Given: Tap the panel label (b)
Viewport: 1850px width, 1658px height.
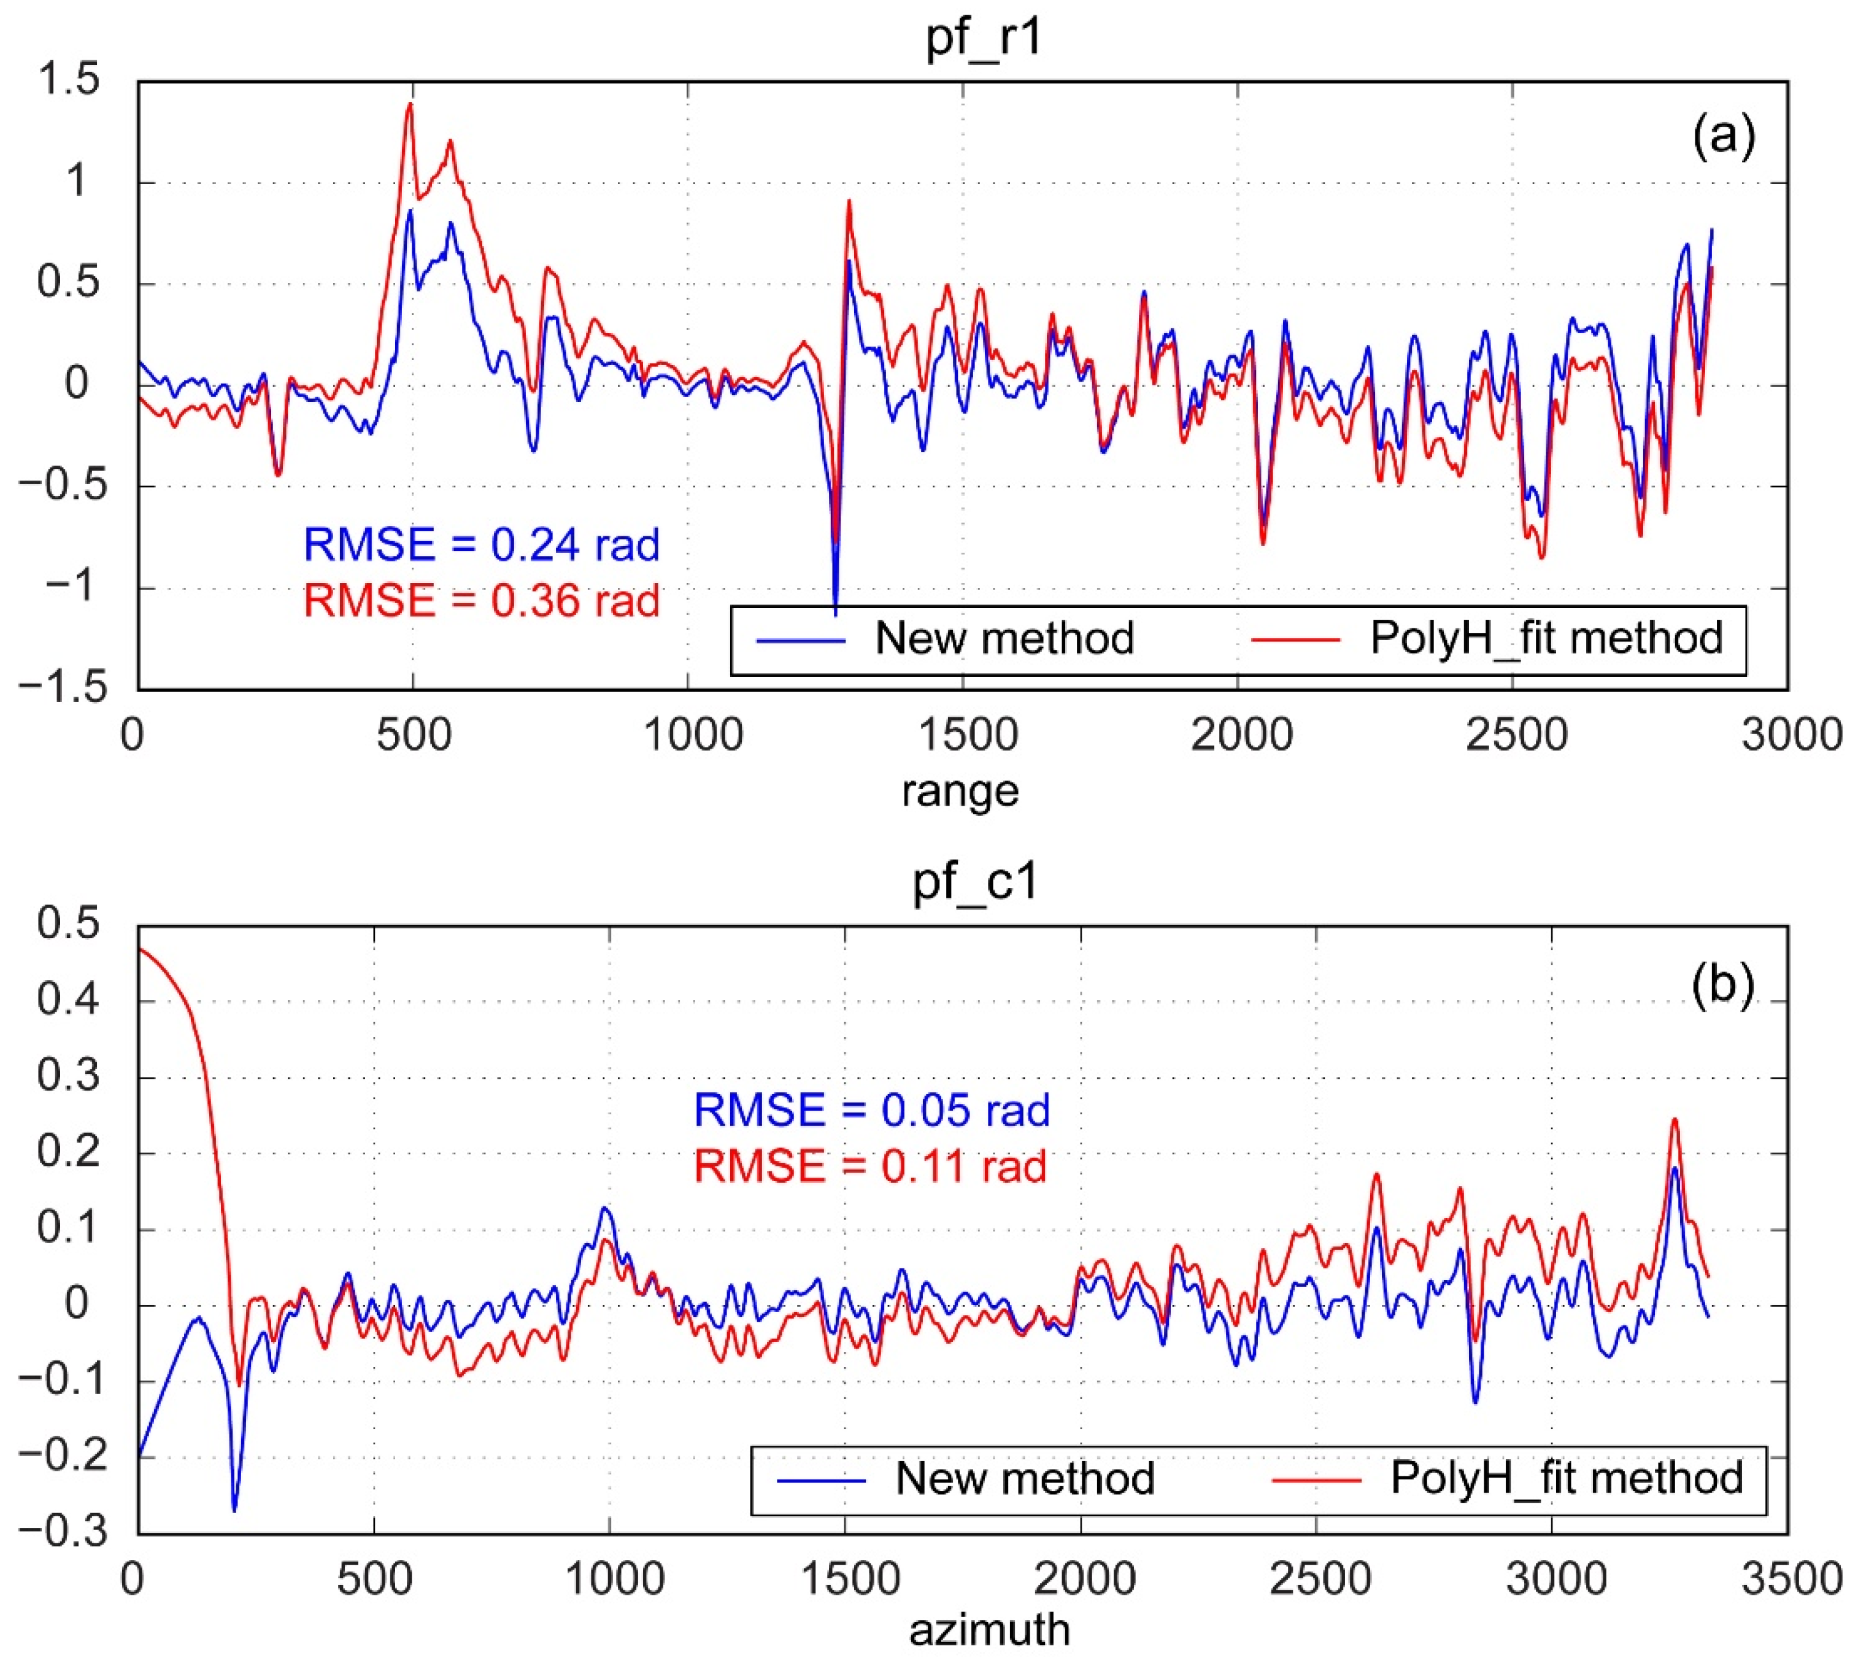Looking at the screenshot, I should coord(1722,985).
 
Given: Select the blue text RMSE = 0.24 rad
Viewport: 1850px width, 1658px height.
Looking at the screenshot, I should coord(481,545).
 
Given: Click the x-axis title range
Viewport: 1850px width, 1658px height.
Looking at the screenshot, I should coord(960,790).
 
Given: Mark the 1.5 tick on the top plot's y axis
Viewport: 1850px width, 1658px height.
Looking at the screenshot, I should coord(68,80).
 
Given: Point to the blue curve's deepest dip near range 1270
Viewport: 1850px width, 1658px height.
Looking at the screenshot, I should coord(835,612).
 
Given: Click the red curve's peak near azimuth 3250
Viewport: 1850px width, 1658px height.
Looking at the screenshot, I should coord(1674,1120).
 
